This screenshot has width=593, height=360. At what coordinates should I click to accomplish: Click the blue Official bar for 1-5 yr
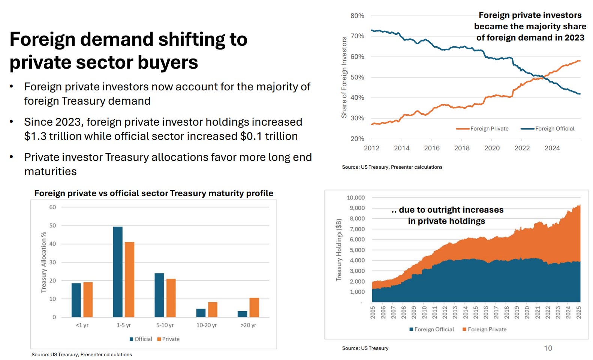(x=118, y=272)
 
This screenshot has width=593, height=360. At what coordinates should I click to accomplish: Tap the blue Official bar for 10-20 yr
(x=201, y=313)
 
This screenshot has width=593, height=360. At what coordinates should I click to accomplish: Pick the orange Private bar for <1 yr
(x=88, y=300)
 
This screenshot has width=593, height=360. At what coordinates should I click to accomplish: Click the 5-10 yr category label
(x=165, y=325)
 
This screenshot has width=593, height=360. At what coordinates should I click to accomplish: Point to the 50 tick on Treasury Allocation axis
(x=52, y=226)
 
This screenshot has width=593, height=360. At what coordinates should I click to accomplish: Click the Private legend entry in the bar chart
(x=171, y=339)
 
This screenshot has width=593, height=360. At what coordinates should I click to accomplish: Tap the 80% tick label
(x=357, y=16)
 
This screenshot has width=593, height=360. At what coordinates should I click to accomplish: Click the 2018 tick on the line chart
(x=462, y=148)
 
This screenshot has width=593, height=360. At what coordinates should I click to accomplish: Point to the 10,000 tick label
(x=355, y=198)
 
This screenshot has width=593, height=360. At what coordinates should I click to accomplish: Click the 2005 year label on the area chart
(x=373, y=312)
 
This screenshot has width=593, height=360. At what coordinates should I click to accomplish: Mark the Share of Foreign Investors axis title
(x=344, y=78)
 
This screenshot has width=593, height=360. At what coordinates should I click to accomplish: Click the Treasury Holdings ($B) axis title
(x=339, y=250)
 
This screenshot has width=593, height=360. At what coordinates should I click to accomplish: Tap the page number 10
(x=548, y=348)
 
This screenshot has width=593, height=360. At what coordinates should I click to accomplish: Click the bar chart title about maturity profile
(x=154, y=193)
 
